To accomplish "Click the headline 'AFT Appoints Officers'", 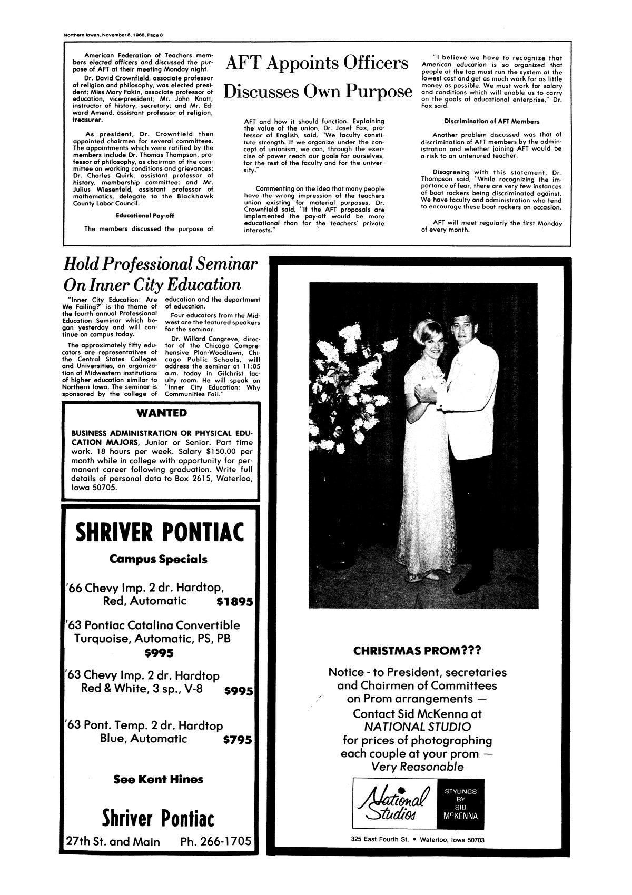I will click(317, 63).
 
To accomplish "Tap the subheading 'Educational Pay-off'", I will click(145, 215).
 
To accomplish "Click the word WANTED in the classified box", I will click(161, 412).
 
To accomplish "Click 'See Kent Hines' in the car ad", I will click(158, 779).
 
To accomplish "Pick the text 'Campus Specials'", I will click(158, 559).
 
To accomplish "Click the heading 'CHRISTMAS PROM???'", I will click(417, 651).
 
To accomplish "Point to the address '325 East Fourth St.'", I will click(381, 839).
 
